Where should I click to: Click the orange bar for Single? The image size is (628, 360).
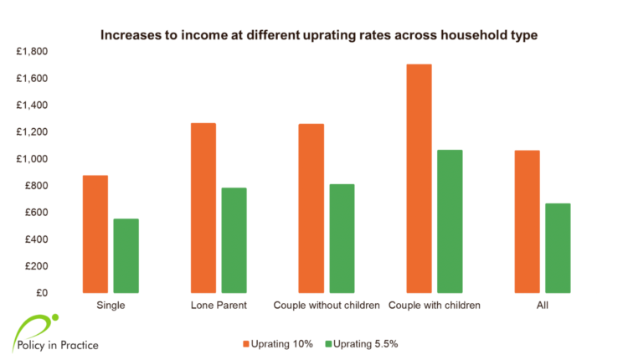(x=95, y=234)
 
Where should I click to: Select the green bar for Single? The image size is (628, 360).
(x=126, y=255)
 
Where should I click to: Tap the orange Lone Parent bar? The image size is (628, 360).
(x=203, y=208)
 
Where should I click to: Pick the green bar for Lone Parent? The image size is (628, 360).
(x=234, y=240)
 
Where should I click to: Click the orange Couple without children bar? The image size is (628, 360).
(x=311, y=208)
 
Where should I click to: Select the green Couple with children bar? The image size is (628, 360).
(x=450, y=222)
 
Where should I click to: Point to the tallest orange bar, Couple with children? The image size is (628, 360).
(x=420, y=178)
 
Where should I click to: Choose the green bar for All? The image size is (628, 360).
(x=558, y=248)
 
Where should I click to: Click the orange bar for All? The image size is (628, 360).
(x=527, y=222)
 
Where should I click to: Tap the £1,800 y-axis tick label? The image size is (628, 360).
(x=32, y=51)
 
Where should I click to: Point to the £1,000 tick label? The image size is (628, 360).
(x=32, y=159)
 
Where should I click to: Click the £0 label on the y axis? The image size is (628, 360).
(x=42, y=293)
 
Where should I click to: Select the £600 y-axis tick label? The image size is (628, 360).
(x=36, y=213)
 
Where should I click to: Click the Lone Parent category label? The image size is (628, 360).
(x=219, y=305)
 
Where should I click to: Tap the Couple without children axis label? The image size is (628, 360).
(x=327, y=305)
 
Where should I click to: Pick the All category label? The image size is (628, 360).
(x=543, y=305)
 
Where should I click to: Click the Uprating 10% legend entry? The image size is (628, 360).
(x=278, y=344)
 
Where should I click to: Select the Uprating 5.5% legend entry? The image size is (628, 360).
(x=362, y=344)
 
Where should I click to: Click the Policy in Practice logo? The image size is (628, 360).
(x=55, y=334)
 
